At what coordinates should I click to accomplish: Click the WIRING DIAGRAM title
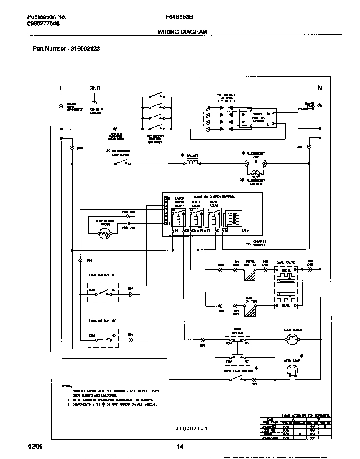pyautogui.click(x=182, y=32)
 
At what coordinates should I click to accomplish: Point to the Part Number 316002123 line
pyautogui.click(x=66, y=49)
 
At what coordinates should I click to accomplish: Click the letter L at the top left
pyautogui.click(x=61, y=88)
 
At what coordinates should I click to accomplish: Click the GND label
pyautogui.click(x=95, y=88)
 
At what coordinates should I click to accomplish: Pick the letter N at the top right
pyautogui.click(x=320, y=88)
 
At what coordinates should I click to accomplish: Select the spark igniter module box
pyautogui.click(x=255, y=117)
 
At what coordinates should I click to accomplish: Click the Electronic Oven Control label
pyautogui.click(x=214, y=196)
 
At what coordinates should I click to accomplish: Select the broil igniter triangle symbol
pyautogui.click(x=250, y=276)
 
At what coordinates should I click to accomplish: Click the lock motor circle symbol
pyautogui.click(x=292, y=340)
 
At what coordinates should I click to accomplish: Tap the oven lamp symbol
pyautogui.click(x=295, y=372)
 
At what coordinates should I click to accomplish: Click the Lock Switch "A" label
pyautogui.click(x=102, y=275)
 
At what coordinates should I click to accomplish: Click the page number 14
pyautogui.click(x=180, y=447)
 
